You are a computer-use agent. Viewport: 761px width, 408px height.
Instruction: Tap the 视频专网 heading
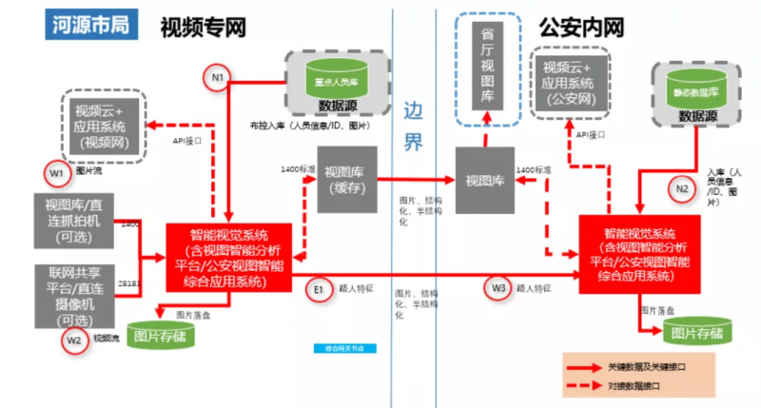(205, 26)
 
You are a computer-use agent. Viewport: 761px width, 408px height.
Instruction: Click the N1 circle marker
(218, 76)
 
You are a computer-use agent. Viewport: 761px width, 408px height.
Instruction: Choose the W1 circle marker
(57, 173)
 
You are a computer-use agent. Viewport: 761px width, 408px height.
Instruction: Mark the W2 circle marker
(75, 340)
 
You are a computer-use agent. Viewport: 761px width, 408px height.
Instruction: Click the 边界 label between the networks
(412, 126)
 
